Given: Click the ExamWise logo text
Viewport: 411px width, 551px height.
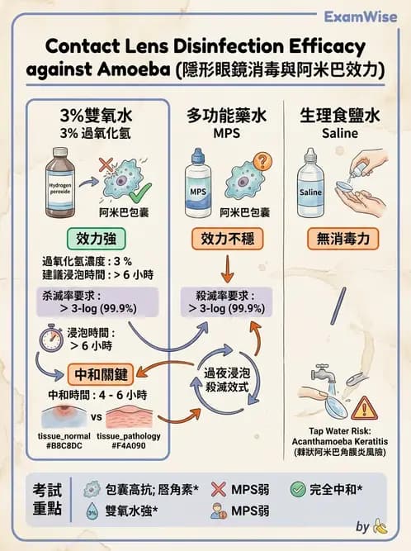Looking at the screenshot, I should pos(361,17).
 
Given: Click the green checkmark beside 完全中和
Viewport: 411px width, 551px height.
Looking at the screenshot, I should pos(297,489).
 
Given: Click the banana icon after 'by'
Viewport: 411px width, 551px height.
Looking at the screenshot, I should pos(380,526).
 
